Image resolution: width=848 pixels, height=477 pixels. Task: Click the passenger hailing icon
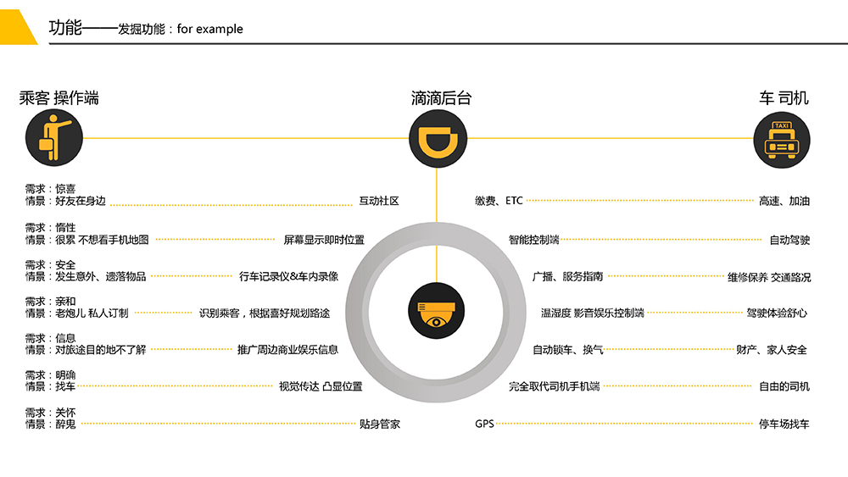click(x=54, y=138)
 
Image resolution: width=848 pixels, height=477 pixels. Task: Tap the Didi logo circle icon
click(x=438, y=139)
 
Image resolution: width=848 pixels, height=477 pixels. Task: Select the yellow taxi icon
click(x=782, y=140)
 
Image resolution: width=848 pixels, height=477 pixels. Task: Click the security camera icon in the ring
click(x=436, y=311)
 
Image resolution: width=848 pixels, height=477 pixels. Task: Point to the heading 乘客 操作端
click(x=59, y=97)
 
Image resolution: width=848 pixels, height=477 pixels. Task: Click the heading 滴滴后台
click(x=441, y=97)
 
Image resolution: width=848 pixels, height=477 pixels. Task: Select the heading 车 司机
click(x=784, y=97)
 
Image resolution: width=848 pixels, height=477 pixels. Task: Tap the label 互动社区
click(x=379, y=201)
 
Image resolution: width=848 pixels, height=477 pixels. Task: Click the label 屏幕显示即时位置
click(x=324, y=240)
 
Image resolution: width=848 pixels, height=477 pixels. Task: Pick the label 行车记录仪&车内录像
click(x=289, y=276)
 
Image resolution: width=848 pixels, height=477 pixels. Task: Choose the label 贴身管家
click(x=380, y=424)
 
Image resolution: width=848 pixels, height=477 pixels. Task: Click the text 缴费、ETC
click(x=499, y=201)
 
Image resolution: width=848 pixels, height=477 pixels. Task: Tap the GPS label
click(x=484, y=424)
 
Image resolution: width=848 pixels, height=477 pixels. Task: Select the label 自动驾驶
click(x=789, y=240)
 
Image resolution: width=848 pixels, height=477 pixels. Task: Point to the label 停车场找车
click(x=784, y=424)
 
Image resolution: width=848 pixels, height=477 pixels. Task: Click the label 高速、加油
click(x=784, y=201)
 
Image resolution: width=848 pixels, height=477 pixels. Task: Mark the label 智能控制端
click(x=533, y=240)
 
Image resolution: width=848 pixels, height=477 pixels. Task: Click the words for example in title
click(x=209, y=29)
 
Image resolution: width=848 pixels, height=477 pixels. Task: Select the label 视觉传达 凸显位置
click(x=321, y=386)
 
